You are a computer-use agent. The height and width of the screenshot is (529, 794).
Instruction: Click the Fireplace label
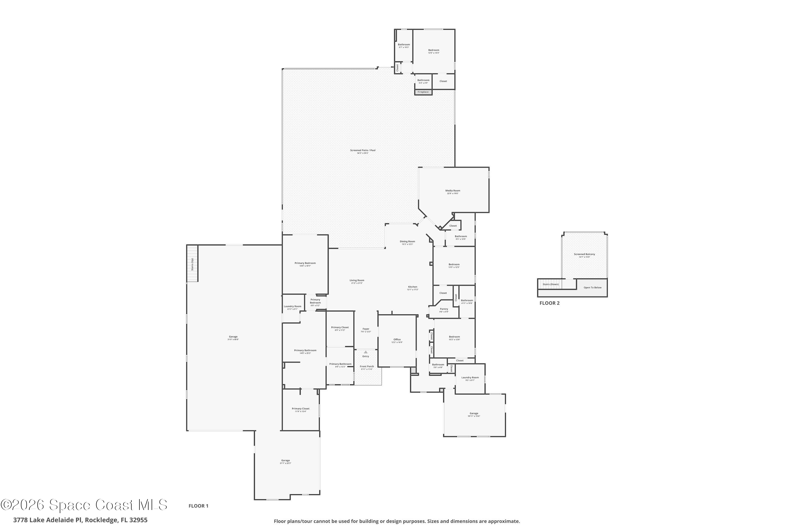423,92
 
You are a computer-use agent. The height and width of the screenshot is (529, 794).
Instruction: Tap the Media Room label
453,191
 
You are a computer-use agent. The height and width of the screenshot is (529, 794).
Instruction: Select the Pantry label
444,309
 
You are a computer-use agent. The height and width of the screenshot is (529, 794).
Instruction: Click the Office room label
397,340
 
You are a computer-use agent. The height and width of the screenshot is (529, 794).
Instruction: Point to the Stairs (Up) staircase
192,263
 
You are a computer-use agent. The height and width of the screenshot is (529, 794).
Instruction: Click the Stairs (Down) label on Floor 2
551,284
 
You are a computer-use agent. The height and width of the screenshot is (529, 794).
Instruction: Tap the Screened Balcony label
584,254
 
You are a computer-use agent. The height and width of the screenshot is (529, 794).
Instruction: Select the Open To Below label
593,288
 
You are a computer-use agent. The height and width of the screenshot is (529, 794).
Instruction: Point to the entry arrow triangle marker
366,352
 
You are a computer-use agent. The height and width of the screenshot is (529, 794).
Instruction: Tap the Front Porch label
367,366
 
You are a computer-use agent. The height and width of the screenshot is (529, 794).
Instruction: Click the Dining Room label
408,241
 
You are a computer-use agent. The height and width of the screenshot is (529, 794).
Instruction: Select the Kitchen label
413,287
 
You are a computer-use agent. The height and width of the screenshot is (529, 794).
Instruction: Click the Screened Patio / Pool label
363,151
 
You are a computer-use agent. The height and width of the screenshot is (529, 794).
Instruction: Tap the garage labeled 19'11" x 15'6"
474,414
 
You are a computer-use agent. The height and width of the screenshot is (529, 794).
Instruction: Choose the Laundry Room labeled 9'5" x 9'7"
470,378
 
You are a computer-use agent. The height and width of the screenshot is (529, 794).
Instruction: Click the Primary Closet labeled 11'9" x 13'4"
300,409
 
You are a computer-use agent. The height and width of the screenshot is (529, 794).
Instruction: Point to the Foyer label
366,329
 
